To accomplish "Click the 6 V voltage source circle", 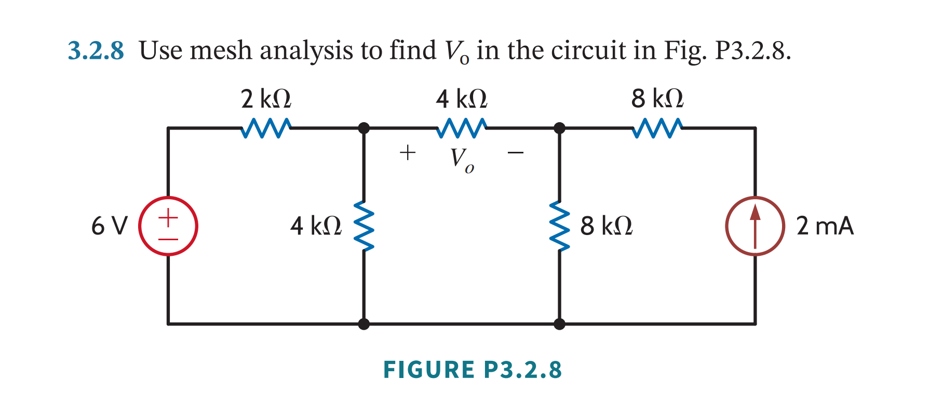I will [x=168, y=226].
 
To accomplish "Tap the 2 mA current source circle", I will [x=755, y=226].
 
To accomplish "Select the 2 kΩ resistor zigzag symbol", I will [x=266, y=128].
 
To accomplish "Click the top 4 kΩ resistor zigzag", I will [x=462, y=128].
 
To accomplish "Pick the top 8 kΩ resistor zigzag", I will [x=657, y=128].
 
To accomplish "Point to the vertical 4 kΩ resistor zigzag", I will [x=364, y=226].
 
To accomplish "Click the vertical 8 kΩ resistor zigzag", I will [x=560, y=226].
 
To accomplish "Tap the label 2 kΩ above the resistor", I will [x=266, y=98].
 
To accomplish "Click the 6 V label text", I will [x=109, y=226].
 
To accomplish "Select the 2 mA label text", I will [x=825, y=226].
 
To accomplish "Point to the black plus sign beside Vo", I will [x=408, y=152].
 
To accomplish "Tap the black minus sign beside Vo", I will [x=516, y=153].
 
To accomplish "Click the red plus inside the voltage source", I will [x=168, y=216].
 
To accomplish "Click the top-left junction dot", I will [x=364, y=128].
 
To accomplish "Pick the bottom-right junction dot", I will [x=559, y=324].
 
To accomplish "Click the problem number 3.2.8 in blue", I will [x=96, y=51].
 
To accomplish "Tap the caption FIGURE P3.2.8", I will [x=472, y=370].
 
